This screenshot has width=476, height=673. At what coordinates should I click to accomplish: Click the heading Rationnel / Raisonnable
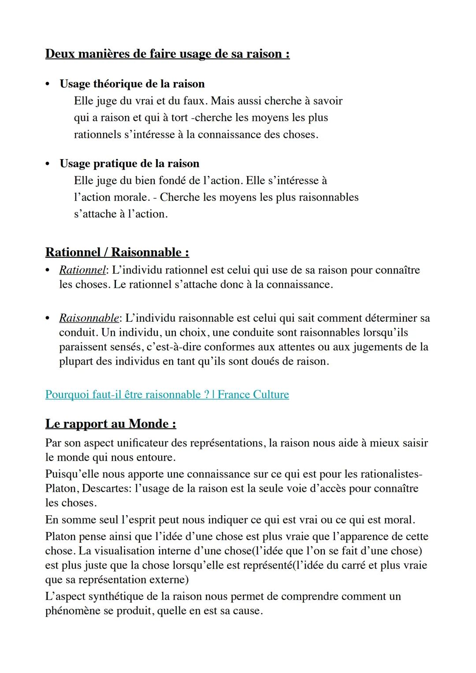tap(117, 253)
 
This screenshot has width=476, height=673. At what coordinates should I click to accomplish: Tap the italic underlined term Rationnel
tap(82, 270)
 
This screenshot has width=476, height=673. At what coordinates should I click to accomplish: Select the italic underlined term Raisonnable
tap(89, 318)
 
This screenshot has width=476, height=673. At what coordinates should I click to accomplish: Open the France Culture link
tap(167, 394)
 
